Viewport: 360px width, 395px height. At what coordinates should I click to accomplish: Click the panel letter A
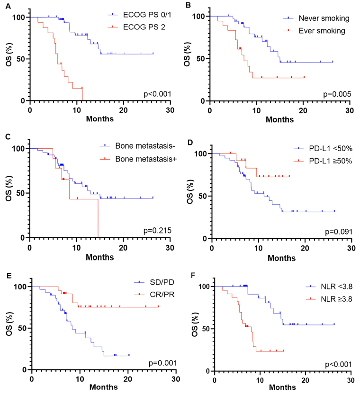click(4, 5)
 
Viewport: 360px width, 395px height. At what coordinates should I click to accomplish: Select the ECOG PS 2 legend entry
click(137, 31)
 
